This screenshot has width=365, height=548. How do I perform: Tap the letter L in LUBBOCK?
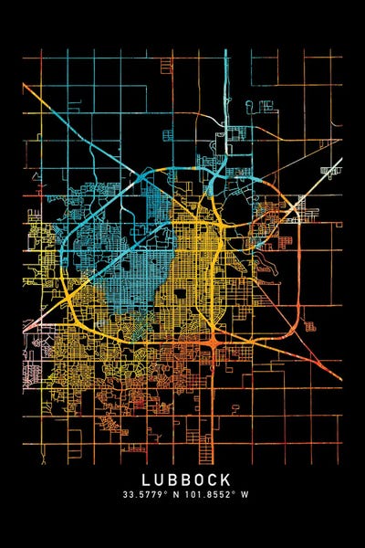click(x=146, y=479)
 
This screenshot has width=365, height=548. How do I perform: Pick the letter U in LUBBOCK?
click(x=159, y=479)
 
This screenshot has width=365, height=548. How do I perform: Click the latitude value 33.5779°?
click(x=148, y=494)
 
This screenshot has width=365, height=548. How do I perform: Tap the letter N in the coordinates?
click(x=182, y=494)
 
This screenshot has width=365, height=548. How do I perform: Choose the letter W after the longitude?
click(x=246, y=494)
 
